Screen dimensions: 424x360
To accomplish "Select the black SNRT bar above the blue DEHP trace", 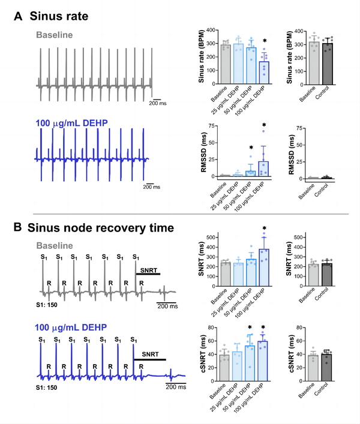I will (149, 359).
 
